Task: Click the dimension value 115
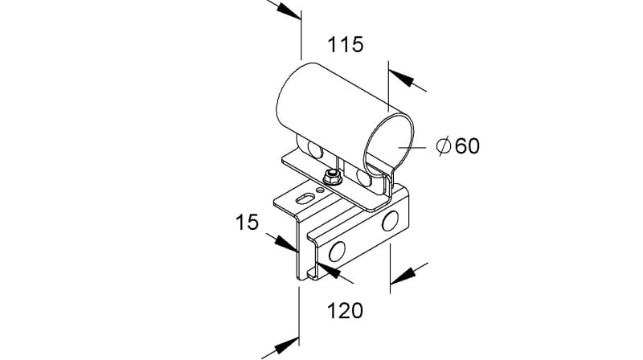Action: (x=346, y=44)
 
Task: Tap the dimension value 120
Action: (x=345, y=311)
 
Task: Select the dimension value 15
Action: (x=247, y=223)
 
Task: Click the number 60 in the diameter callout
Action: (x=468, y=146)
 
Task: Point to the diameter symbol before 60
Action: (x=444, y=146)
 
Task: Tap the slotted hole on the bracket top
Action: (x=305, y=199)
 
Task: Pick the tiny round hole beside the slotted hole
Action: (x=320, y=190)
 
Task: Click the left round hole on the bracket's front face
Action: (x=337, y=252)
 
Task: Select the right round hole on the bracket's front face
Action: (x=390, y=221)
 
